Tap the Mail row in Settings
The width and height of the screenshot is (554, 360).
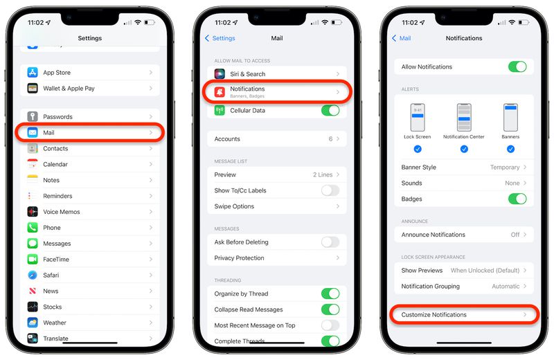90,132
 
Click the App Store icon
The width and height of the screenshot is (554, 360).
33,73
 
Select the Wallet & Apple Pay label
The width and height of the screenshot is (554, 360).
69,89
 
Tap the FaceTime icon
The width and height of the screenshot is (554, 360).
33,260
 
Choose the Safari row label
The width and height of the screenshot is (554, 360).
52,276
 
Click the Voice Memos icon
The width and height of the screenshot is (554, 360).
33,212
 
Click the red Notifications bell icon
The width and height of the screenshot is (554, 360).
220,92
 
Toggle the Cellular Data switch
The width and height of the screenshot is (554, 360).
330,111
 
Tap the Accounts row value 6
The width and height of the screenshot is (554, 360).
330,139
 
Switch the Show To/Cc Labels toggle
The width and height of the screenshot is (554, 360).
330,190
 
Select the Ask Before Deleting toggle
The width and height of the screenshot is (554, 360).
330,242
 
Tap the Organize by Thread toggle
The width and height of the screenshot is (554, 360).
330,294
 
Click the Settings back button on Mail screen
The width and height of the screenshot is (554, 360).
220,39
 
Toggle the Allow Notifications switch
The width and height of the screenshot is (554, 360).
517,67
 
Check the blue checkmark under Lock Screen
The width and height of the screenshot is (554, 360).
418,149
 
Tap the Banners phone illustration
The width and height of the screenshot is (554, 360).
510,117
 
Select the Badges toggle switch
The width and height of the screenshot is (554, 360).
517,199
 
